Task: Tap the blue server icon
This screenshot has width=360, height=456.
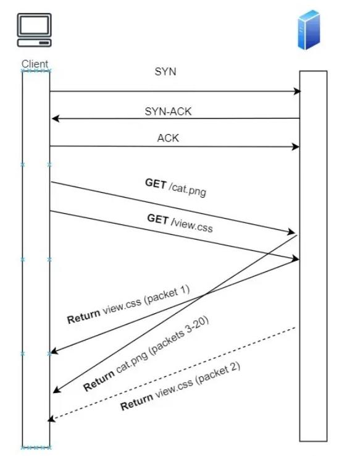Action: click(x=309, y=30)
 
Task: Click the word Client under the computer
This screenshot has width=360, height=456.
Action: click(x=35, y=64)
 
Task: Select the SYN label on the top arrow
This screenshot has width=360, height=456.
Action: click(x=165, y=71)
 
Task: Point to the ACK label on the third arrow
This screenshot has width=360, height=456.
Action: click(x=167, y=138)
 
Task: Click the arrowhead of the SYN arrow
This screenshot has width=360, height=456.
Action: click(x=297, y=91)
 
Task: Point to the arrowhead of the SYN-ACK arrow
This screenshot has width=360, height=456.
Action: click(x=54, y=118)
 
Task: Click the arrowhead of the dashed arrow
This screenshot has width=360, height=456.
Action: click(x=52, y=420)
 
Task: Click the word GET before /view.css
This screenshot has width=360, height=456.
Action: click(x=157, y=218)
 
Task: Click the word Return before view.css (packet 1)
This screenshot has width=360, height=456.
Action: click(x=83, y=317)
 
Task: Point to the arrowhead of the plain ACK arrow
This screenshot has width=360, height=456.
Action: click(x=296, y=146)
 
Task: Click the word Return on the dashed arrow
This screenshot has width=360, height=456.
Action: click(x=136, y=403)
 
